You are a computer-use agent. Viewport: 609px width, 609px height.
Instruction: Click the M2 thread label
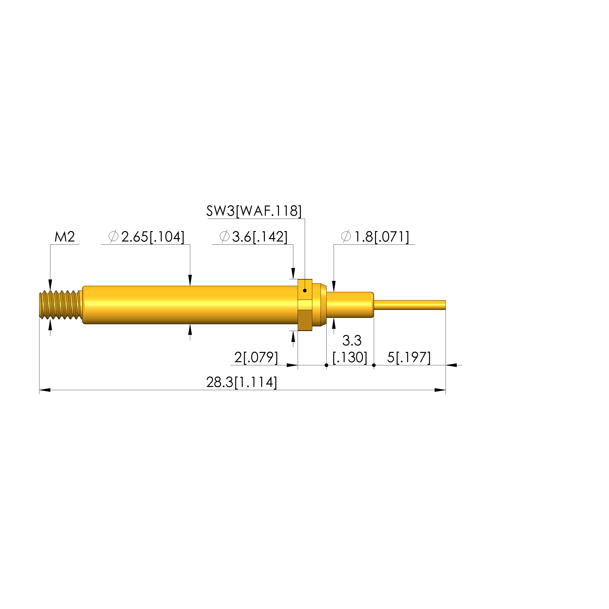[65, 237]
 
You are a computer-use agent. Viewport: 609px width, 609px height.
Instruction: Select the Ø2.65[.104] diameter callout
[146, 237]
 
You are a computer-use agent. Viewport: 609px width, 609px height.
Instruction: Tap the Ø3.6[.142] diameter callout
[253, 237]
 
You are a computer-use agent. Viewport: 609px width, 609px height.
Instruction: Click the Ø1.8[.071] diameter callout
[375, 237]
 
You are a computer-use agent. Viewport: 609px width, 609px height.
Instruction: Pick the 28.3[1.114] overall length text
[242, 382]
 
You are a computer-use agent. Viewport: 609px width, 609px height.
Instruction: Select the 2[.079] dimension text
[256, 358]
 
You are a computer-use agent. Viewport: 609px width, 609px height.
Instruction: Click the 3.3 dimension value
[352, 340]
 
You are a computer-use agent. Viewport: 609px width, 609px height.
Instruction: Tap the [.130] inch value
[350, 358]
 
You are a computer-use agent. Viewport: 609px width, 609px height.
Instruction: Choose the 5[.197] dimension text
[409, 358]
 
